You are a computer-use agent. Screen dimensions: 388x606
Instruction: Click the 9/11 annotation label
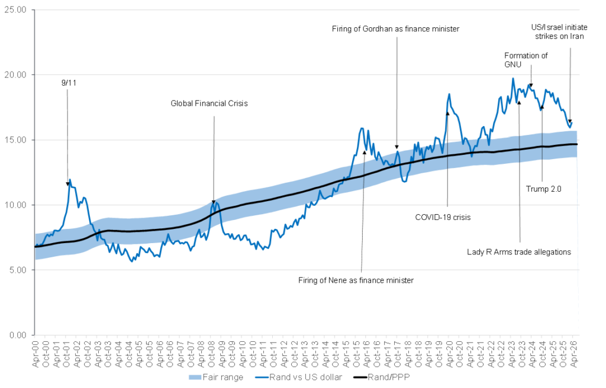click(x=69, y=83)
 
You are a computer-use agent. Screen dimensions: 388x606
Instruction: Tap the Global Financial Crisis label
click(x=209, y=104)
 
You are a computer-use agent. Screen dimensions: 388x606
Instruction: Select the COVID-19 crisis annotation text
click(x=443, y=217)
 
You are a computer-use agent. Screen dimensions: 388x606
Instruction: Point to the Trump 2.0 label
click(x=543, y=189)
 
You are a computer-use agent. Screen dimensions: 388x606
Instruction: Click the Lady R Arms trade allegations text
click(x=518, y=251)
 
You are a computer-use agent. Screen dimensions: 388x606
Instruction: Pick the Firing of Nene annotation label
click(x=356, y=280)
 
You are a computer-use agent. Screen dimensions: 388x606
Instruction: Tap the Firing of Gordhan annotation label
click(x=396, y=28)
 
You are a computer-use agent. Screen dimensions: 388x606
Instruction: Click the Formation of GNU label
click(x=526, y=60)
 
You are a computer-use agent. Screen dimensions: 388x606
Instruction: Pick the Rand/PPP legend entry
click(x=392, y=377)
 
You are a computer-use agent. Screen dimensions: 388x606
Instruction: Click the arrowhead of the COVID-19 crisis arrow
click(x=447, y=113)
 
